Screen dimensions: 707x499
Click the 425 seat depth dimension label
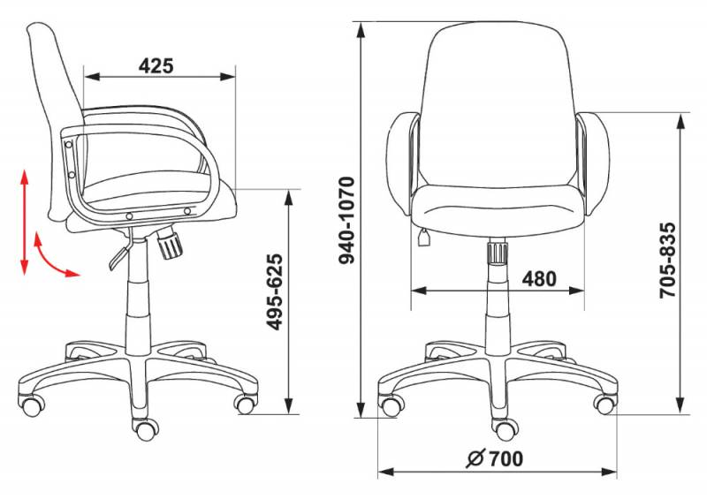tap(156, 65)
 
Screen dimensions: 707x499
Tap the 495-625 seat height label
tap(274, 292)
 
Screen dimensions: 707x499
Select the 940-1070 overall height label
tap(347, 220)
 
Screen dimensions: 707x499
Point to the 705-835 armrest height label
tap(668, 260)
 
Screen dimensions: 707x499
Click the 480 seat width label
tap(539, 279)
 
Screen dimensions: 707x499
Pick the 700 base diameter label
tap(506, 459)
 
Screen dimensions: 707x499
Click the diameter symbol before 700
tap(475, 459)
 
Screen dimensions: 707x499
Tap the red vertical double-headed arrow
tap(25, 222)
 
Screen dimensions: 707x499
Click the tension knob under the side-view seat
tap(170, 244)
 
